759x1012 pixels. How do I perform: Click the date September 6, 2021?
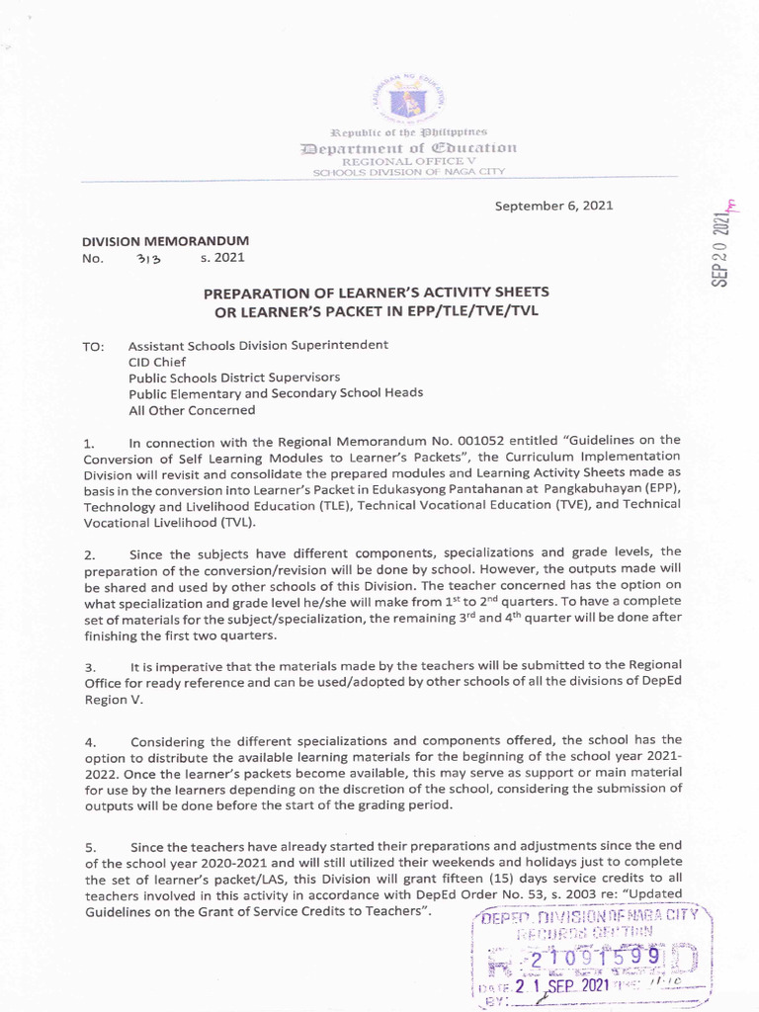click(x=553, y=206)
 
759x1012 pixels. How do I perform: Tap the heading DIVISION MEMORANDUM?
click(x=164, y=240)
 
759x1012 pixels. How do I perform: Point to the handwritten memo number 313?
click(x=147, y=260)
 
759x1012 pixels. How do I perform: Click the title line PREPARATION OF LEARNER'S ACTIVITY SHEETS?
click(x=376, y=293)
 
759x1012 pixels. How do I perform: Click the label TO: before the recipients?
click(x=94, y=347)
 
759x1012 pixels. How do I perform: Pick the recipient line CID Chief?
click(x=157, y=362)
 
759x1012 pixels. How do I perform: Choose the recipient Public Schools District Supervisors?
click(x=234, y=378)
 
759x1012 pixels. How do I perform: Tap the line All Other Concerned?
click(x=192, y=410)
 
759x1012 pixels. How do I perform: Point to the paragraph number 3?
click(x=89, y=668)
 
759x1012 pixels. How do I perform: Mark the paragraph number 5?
click(x=89, y=847)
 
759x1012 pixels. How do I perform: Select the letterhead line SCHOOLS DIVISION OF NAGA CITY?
click(x=408, y=172)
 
